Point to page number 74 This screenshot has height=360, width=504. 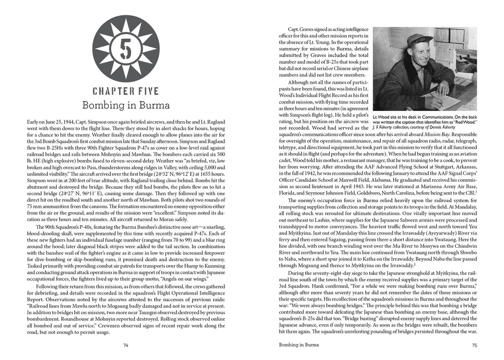(x=126, y=345)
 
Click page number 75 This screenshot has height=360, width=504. (x=474, y=345)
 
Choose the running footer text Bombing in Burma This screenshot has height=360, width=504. (x=295, y=345)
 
